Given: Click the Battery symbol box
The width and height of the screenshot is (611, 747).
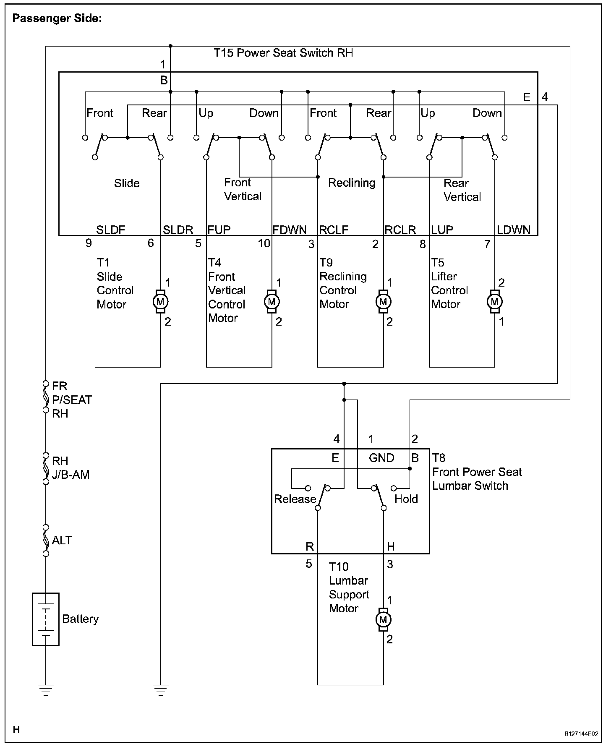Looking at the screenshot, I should click(46, 619).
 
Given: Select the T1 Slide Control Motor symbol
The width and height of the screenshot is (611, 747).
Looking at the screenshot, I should click(160, 301).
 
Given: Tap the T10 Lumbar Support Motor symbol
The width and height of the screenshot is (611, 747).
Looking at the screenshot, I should click(383, 619).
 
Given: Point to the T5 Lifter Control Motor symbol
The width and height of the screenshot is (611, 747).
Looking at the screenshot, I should click(494, 301).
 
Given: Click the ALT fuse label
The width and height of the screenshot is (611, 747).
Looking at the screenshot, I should click(62, 540).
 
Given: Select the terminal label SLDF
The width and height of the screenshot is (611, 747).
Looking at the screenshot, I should click(111, 230).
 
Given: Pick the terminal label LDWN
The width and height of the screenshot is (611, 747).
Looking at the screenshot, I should click(514, 230).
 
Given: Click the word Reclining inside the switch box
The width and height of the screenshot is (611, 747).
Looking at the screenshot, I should click(352, 183).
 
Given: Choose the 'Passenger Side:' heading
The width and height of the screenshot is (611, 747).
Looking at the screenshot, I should click(57, 18).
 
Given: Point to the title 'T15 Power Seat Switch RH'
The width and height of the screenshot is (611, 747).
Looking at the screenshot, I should click(283, 53).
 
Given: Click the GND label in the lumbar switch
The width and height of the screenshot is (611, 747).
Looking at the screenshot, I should click(381, 458).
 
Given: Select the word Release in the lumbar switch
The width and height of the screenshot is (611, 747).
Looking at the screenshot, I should click(295, 499).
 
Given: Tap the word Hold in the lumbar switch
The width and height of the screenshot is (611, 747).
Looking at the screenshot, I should click(406, 499).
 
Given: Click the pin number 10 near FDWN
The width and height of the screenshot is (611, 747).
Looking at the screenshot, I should click(264, 243).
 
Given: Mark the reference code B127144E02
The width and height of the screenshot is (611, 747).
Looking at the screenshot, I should click(581, 734).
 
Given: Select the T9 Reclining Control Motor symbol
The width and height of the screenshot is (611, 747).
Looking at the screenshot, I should click(383, 301).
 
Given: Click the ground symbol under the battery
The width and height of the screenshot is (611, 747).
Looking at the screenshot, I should click(46, 690).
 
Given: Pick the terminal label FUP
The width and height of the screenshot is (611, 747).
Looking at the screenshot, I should click(219, 230).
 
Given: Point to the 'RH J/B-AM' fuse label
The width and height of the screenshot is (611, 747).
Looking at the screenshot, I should click(70, 468).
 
